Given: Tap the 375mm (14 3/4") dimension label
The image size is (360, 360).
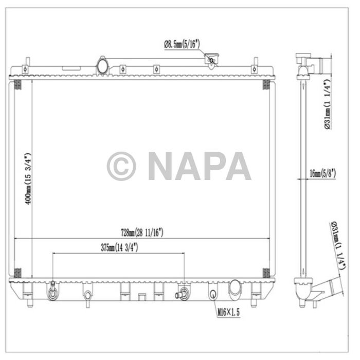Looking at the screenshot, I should point(119,247).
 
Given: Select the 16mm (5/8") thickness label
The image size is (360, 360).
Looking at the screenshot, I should point(323,174).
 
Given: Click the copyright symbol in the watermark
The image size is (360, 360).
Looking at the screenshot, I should point(121,166).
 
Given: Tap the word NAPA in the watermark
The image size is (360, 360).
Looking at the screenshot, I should point(200,166).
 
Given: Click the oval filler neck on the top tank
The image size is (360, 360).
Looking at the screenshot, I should point(102,66).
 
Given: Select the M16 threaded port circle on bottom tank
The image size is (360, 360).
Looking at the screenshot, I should point(212,294).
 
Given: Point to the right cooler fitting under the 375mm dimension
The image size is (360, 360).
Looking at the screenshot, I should point(182,295).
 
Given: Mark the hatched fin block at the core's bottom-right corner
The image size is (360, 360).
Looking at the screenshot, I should point(266,273).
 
